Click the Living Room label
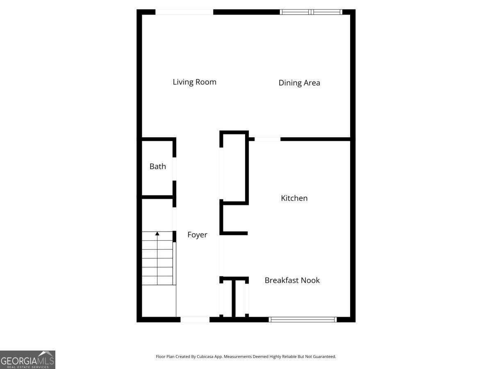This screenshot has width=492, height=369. pos(194,82)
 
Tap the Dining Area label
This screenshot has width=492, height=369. pos(299,83)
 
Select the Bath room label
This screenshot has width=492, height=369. pos(158,166)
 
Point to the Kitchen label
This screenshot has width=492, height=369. pos(294,198)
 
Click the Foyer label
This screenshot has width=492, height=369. pos(197,235)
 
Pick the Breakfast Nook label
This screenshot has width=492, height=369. pos(292,280)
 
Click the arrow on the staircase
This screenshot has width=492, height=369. pos(157,234)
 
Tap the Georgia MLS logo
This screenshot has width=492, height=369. pos(27,360)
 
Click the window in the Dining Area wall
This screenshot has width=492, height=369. pos(311,12)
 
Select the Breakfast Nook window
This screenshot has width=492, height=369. pos(303,319)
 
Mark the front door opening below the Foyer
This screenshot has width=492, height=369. pos(195,319)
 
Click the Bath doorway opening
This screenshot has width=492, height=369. pos(174,169)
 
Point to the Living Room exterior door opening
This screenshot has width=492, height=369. pos(184,12)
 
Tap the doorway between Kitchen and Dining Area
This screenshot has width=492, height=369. pos(267,139)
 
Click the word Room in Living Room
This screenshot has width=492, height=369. pos(206,82)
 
